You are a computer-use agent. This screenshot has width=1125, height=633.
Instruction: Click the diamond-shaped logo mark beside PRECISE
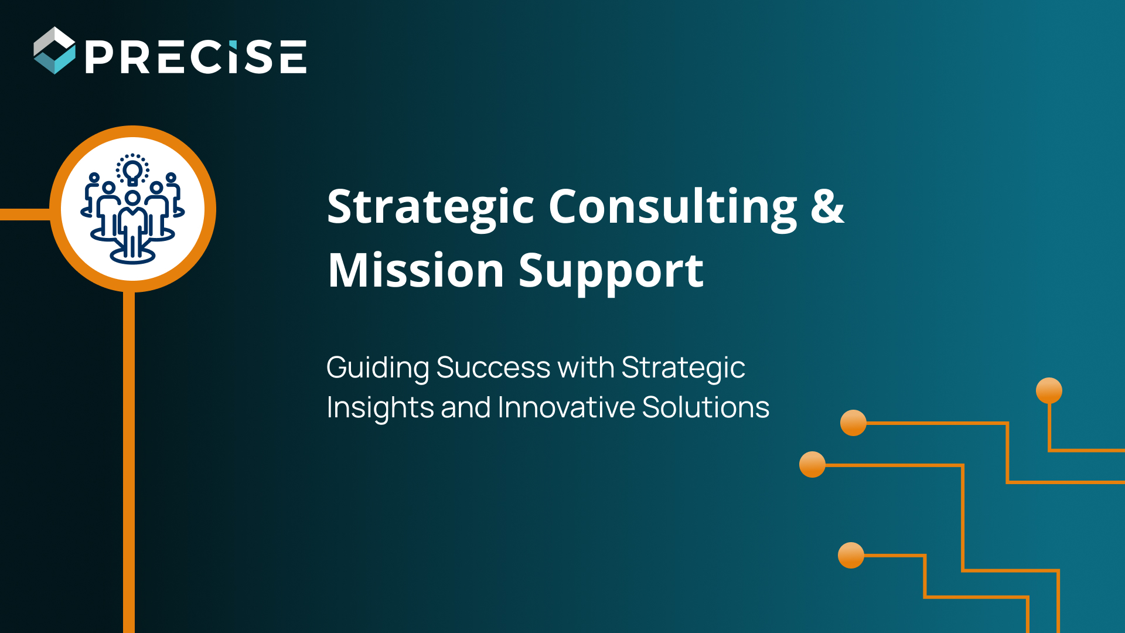click(54, 50)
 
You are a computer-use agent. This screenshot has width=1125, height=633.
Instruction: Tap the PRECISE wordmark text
click(196, 57)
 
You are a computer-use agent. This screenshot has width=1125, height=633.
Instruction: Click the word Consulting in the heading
click(673, 207)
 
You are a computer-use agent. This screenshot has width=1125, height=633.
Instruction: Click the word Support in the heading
click(611, 271)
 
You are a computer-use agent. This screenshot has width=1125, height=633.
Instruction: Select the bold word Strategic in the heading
click(431, 207)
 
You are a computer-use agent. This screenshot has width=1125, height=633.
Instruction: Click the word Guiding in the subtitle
click(377, 368)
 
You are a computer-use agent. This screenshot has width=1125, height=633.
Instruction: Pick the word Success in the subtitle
click(493, 367)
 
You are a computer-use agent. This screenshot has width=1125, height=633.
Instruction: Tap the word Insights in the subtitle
click(379, 407)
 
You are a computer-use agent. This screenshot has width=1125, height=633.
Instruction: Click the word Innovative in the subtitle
click(566, 407)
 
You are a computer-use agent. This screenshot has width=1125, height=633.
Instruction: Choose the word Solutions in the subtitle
click(705, 407)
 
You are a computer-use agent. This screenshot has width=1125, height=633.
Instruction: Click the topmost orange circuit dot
click(1049, 390)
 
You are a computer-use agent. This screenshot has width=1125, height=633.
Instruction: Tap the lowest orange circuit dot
click(851, 555)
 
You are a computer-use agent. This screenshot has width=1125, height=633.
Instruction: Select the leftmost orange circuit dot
click(812, 464)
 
